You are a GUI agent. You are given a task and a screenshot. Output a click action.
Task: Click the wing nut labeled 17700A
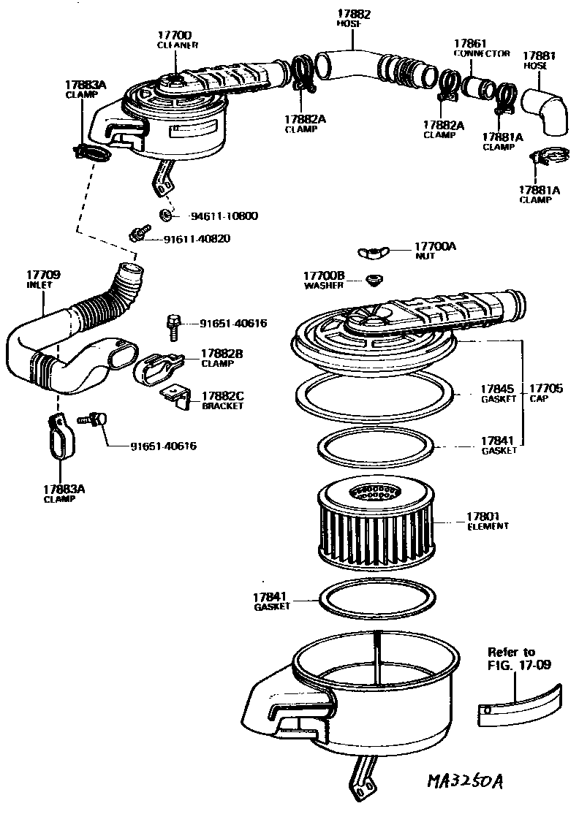[x=373, y=253]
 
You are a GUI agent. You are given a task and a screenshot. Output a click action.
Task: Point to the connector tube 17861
[x=479, y=89]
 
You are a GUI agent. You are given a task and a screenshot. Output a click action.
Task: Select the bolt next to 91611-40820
[x=136, y=235]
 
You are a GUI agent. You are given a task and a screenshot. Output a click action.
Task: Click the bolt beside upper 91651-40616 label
[x=174, y=327]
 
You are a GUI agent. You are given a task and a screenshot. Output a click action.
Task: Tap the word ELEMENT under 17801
[x=488, y=526]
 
